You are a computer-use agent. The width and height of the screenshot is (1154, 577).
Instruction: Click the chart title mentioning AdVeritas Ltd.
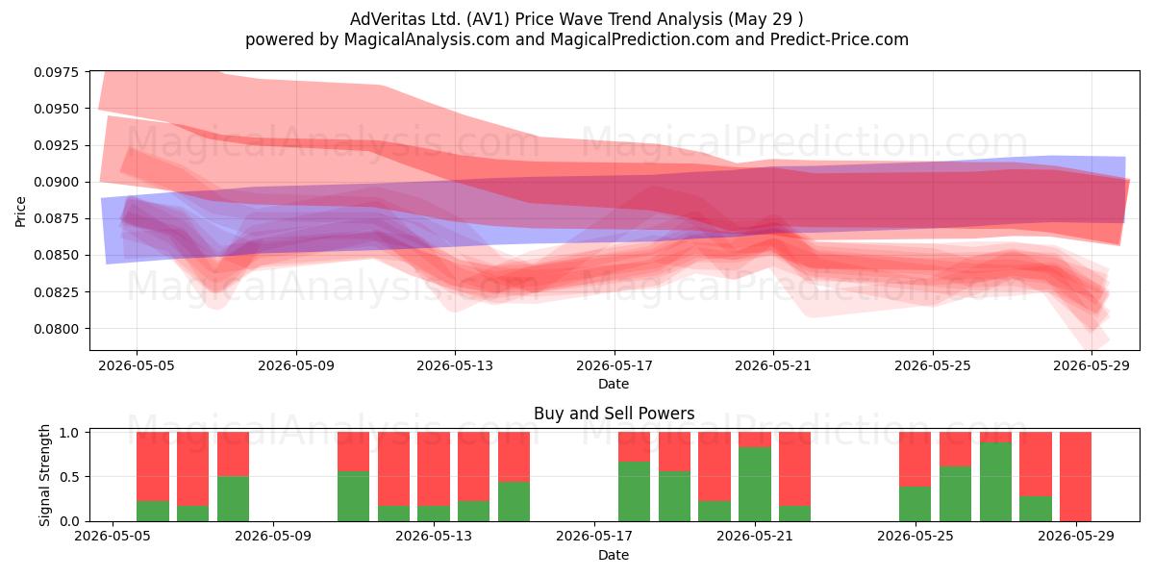point(576,19)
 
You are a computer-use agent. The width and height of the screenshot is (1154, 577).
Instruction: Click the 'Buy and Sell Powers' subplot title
point(615,414)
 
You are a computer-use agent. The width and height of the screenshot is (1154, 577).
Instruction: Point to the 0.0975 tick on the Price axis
point(57,72)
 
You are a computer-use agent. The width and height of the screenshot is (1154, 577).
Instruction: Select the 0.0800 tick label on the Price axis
point(57,329)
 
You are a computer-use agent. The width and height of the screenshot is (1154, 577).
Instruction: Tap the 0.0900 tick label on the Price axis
point(57,183)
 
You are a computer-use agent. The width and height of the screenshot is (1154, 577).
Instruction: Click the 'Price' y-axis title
point(20,212)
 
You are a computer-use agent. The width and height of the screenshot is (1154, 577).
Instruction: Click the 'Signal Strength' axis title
point(45,475)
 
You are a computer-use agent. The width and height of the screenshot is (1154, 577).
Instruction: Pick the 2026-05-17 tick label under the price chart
point(615,365)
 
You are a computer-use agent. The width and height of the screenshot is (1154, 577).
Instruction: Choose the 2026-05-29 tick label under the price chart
point(1091,365)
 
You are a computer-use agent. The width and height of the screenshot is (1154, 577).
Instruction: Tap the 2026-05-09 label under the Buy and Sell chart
point(273,537)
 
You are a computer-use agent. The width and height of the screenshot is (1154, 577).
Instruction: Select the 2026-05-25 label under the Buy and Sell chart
point(916,537)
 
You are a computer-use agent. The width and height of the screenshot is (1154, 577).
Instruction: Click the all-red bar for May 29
point(1075,477)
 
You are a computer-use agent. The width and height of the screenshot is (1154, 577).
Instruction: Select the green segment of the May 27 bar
point(995,482)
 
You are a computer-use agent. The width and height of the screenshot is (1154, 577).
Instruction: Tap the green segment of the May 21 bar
point(755,484)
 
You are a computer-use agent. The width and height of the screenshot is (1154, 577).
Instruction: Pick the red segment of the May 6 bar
point(192,469)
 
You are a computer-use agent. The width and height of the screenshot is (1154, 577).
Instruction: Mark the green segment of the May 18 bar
point(634,491)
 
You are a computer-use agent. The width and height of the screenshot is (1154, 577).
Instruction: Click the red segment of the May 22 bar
point(794,469)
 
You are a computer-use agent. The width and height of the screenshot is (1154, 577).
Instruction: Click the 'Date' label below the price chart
point(614,384)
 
